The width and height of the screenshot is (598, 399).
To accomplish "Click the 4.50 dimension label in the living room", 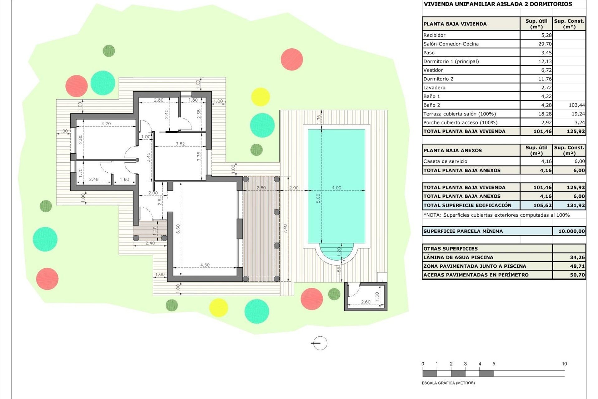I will tap(205, 265).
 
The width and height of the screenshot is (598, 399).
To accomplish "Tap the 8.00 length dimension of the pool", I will tap(318, 198).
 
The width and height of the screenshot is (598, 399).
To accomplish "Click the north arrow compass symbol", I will tap(319, 343).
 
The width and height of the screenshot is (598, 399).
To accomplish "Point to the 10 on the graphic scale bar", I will tap(564, 364).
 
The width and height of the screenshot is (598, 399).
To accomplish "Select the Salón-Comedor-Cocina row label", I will tap(451, 44).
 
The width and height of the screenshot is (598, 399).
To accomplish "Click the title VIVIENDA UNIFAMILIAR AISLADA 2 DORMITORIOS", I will tap(497, 4).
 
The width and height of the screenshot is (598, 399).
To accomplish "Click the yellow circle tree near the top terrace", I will tap(260, 97).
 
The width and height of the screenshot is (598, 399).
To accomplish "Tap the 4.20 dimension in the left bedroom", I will tap(106, 124).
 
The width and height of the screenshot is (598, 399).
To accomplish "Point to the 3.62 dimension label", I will tap(180, 144).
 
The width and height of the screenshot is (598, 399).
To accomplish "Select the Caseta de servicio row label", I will tap(445, 161).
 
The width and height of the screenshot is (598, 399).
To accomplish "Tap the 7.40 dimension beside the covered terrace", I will tap(285, 228).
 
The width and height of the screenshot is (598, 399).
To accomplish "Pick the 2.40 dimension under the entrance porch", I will tap(150, 243).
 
